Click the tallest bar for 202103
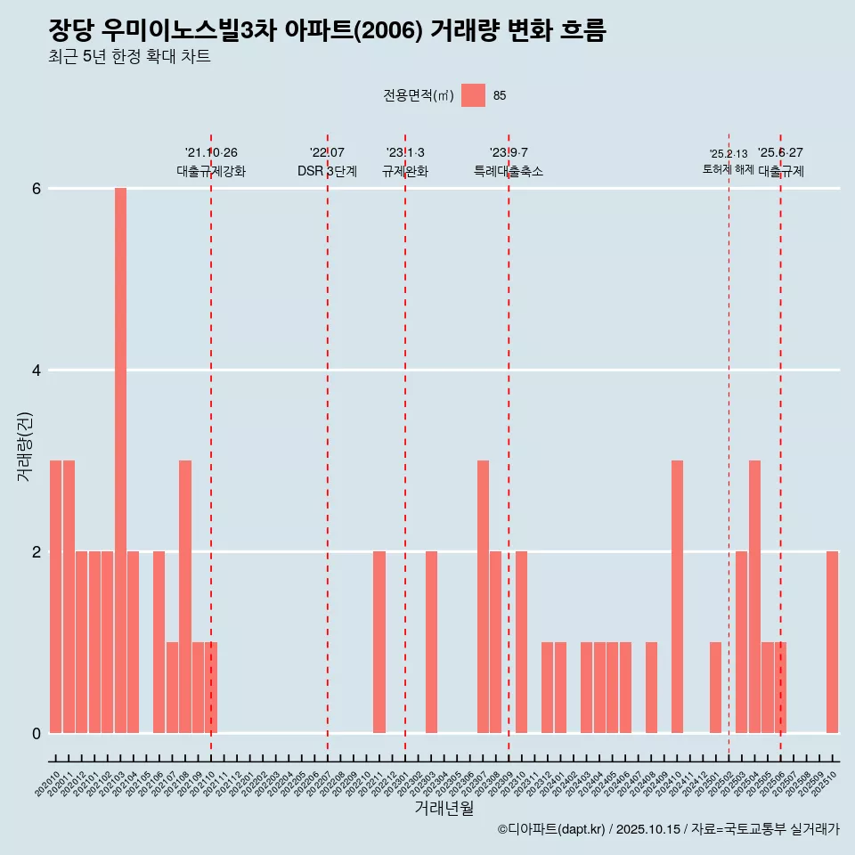tap(120, 460)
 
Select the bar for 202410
tap(677, 597)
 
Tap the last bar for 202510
tap(832, 642)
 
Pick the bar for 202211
tap(379, 642)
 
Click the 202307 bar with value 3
tap(483, 597)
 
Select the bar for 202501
tap(716, 688)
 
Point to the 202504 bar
tap(754, 597)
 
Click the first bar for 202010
tap(55, 597)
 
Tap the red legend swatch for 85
tap(473, 95)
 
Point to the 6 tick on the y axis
tap(37, 189)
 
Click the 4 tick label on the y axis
tap(37, 370)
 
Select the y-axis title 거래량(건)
tap(24, 446)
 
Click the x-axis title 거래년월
tap(444, 809)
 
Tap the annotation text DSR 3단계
tap(327, 172)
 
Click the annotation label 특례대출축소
tap(509, 172)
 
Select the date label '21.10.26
tap(211, 153)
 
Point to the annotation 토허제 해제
tap(728, 169)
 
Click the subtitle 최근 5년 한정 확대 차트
tap(130, 58)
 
